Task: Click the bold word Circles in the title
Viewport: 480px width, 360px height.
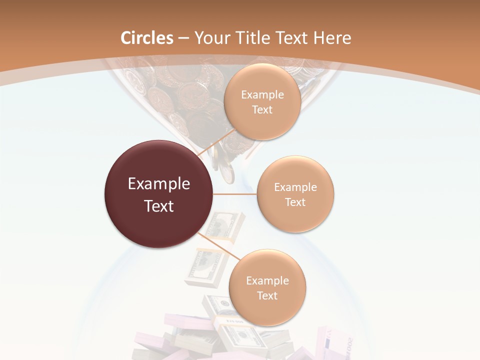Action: tap(147, 38)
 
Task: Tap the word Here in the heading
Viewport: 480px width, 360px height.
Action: tap(332, 38)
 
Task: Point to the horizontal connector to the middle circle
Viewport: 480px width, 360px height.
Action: tap(234, 194)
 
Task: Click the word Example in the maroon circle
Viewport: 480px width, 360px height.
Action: tap(159, 184)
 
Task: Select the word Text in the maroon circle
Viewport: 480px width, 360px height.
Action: tap(159, 206)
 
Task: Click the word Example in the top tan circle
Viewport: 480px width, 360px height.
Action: tap(262, 95)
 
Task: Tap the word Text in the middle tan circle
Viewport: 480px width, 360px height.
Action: tap(295, 202)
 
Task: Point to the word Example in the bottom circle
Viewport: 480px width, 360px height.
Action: tap(267, 281)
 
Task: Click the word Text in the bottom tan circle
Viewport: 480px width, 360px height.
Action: tap(267, 296)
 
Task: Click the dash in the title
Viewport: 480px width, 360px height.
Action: tap(183, 38)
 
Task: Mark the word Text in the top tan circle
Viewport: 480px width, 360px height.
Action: tap(262, 110)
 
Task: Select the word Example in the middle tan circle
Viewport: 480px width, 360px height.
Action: tap(295, 187)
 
